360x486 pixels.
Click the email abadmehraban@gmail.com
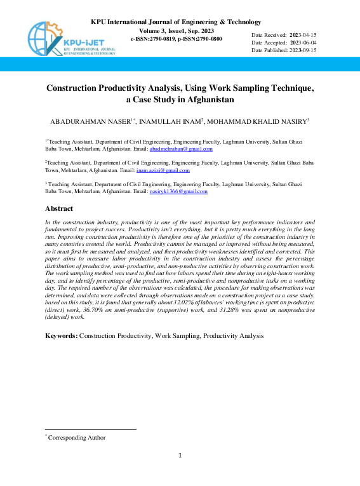click(181, 149)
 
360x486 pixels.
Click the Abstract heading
click(59, 208)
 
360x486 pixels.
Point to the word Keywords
click(60, 335)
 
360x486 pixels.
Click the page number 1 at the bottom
click(180, 455)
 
